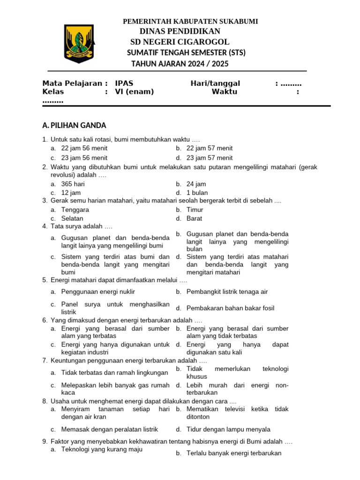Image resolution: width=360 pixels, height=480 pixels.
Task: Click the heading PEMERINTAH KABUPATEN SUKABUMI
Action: (190, 22)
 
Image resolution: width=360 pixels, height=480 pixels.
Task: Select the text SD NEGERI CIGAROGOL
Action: (180, 42)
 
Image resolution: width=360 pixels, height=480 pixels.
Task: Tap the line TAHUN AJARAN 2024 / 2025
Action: (180, 64)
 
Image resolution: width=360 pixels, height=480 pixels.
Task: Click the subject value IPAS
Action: (124, 83)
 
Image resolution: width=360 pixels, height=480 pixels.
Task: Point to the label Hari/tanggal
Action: (215, 83)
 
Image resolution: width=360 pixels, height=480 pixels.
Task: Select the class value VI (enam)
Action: (135, 92)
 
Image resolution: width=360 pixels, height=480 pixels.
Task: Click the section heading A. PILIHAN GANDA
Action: (74, 126)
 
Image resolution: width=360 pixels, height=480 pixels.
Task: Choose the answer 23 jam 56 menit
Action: (84, 158)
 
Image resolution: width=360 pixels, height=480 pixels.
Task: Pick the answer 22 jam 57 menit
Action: (210, 148)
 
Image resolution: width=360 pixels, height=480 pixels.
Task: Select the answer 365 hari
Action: (73, 184)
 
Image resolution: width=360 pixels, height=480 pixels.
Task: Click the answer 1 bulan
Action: (197, 193)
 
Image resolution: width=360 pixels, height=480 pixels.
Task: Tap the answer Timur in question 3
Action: (195, 210)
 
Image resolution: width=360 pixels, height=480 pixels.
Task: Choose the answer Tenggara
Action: (75, 210)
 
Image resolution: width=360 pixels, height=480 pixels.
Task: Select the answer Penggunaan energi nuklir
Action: (98, 292)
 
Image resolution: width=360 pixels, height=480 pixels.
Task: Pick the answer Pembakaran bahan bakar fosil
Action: (230, 308)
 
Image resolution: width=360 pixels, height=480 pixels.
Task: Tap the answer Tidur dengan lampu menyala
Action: (228, 429)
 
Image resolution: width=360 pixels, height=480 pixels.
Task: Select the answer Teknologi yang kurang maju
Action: (102, 450)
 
